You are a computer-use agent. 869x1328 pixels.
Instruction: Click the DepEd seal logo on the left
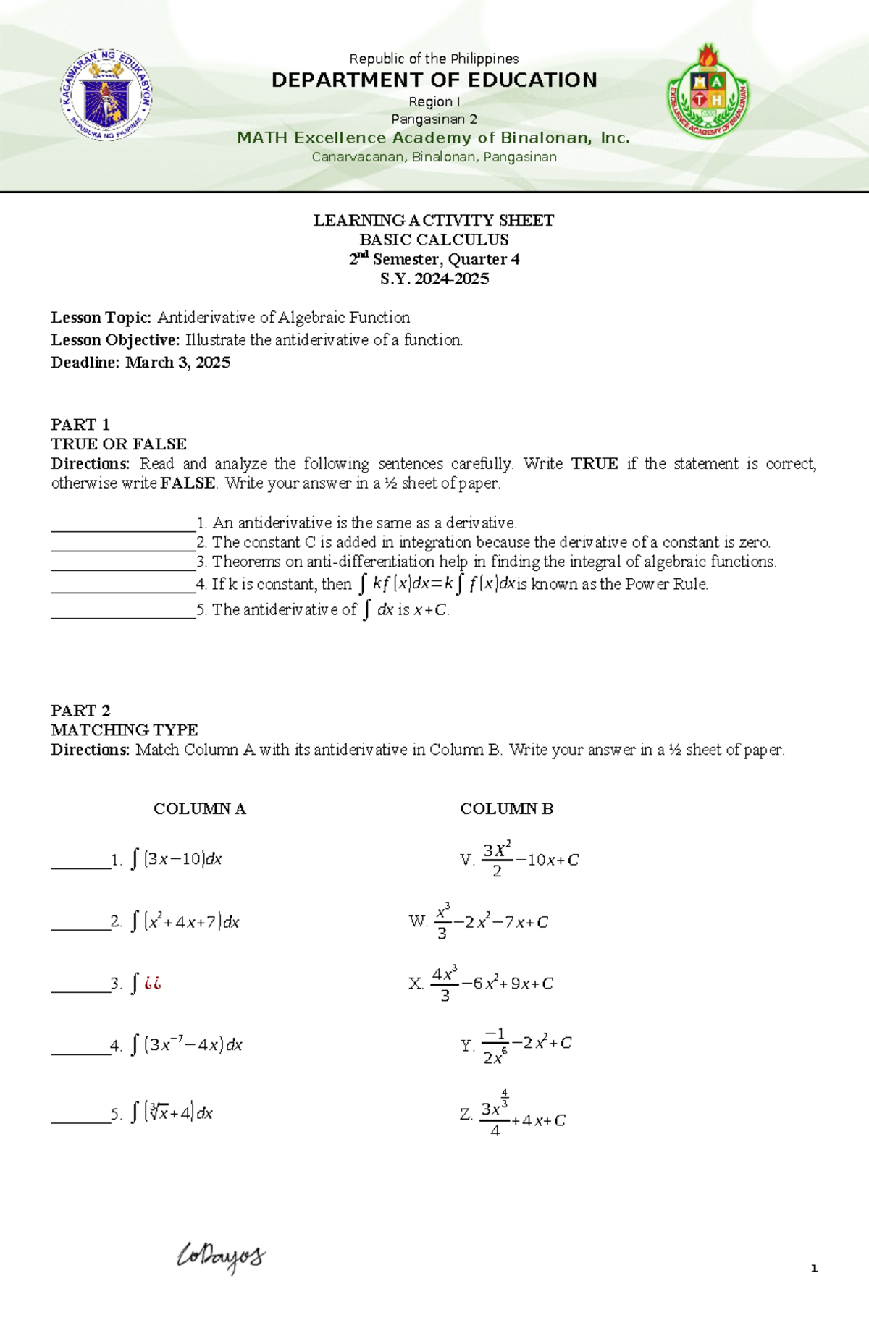click(106, 95)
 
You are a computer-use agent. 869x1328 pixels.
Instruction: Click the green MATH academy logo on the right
click(708, 92)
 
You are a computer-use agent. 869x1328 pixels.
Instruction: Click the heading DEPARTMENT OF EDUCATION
click(434, 80)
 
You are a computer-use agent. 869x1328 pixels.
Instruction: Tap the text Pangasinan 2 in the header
click(434, 119)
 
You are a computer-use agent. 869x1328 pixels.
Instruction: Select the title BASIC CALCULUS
click(434, 240)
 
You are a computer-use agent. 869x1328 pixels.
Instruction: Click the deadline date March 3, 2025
click(178, 363)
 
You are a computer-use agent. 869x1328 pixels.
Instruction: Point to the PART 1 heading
click(80, 424)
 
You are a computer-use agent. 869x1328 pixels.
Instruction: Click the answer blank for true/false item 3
click(123, 562)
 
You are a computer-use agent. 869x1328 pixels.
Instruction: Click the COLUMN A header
click(200, 808)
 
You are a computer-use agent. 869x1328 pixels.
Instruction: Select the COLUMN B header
click(507, 808)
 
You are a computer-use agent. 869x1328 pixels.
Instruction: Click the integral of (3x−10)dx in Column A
click(176, 859)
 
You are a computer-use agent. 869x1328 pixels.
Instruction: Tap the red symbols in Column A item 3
click(152, 984)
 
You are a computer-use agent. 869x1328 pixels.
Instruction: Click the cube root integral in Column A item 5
click(172, 1112)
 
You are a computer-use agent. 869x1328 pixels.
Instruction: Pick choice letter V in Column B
click(466, 860)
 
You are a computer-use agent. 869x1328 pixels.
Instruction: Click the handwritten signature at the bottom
click(222, 1258)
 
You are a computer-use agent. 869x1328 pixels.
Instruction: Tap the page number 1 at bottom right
click(814, 1268)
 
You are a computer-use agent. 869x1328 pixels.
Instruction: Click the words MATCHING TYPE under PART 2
click(125, 729)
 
